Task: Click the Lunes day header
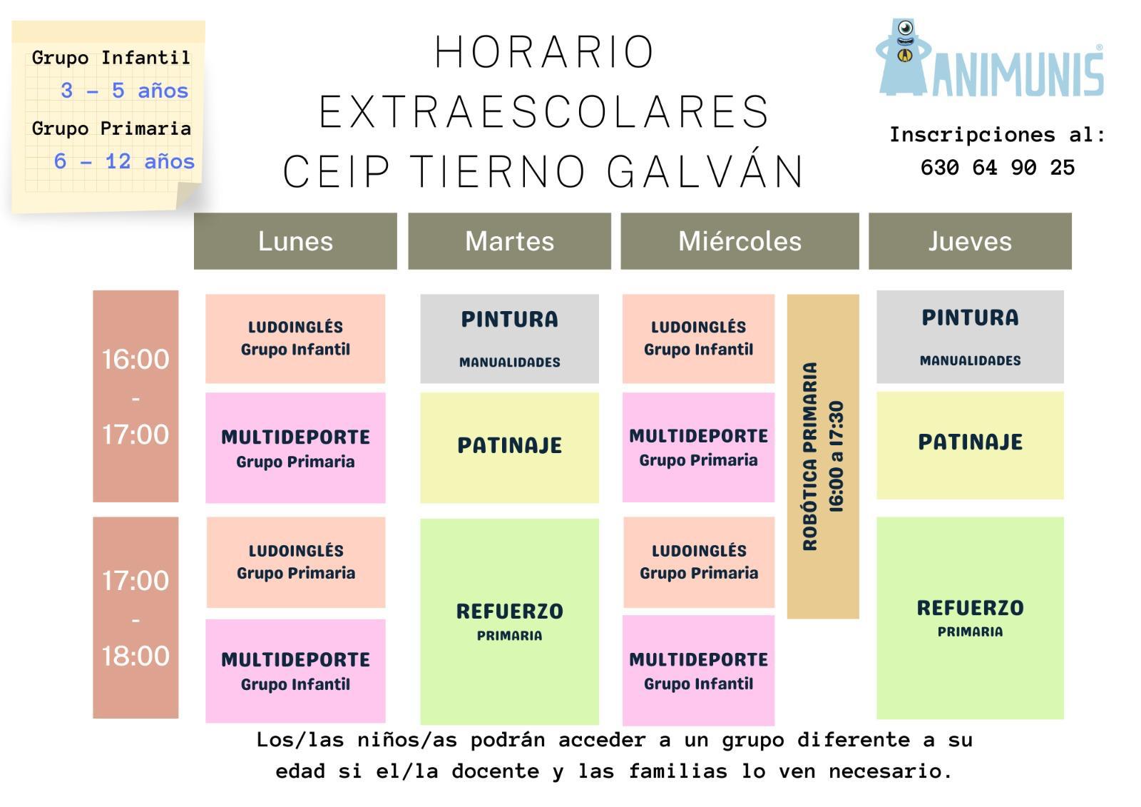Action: (x=295, y=240)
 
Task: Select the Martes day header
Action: (x=509, y=240)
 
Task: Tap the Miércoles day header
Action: (x=740, y=240)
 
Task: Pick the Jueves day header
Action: (x=970, y=240)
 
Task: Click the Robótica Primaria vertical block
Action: (x=823, y=456)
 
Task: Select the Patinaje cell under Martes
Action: (x=509, y=447)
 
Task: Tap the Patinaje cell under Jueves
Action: (x=970, y=445)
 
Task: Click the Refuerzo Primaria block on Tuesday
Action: (x=509, y=621)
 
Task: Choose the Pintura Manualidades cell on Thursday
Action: (x=970, y=337)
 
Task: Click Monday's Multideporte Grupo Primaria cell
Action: (x=295, y=447)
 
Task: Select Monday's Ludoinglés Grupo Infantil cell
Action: (x=295, y=338)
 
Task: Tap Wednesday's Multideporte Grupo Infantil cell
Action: (x=698, y=670)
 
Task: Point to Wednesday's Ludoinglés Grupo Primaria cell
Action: (x=699, y=562)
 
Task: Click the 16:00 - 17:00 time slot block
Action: (x=135, y=396)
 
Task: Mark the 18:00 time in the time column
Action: (x=135, y=656)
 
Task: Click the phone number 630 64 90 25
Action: (x=998, y=167)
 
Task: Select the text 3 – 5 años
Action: (x=124, y=91)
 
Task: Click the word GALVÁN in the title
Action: (x=705, y=171)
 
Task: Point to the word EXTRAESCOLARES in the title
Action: (x=543, y=111)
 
